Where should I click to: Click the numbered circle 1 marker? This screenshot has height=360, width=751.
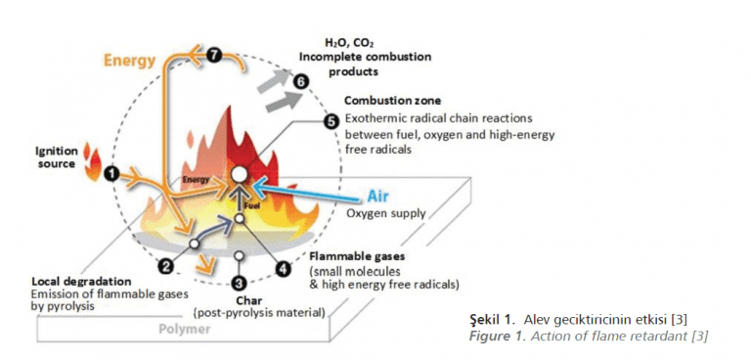coord(111,173)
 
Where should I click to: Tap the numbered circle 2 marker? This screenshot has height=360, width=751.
coord(166,265)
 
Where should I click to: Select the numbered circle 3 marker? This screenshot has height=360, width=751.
coord(240,284)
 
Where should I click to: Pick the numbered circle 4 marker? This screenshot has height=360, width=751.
coord(284,267)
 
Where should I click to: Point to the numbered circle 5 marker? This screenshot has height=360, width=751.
coord(331,122)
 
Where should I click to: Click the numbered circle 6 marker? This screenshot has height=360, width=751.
coord(302,81)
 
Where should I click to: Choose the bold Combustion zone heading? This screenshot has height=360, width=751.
coord(392,101)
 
